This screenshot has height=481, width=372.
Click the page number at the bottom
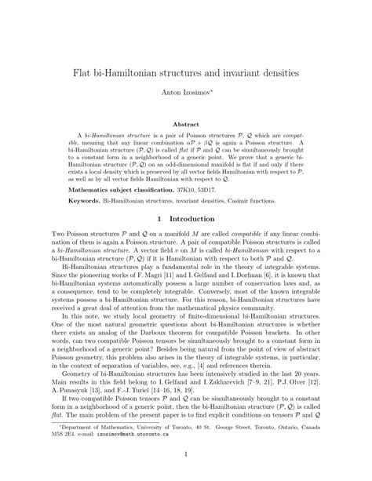pyautogui.click(x=186, y=474)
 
